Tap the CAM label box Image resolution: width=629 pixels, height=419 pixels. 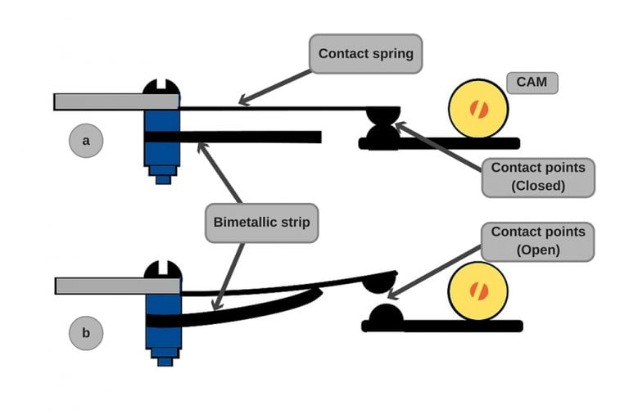tap(532, 83)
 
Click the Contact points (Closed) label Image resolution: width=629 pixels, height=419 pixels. tap(537, 177)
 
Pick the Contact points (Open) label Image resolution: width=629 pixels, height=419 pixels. tap(537, 241)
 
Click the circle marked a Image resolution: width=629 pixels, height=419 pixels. tap(86, 142)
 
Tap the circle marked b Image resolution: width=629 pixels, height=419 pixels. tap(86, 333)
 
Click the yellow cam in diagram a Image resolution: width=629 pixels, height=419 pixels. tap(478, 109)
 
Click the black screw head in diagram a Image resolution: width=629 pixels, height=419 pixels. tap(161, 88)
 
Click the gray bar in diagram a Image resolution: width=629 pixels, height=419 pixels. tap(115, 101)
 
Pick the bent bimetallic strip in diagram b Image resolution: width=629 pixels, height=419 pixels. tap(246, 312)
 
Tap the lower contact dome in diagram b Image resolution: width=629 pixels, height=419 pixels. tap(385, 313)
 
